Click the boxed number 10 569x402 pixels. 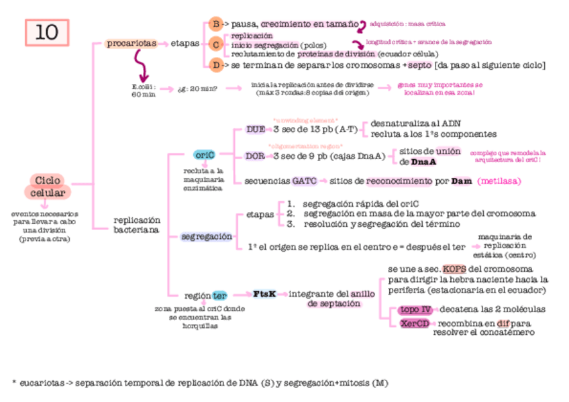click(x=47, y=32)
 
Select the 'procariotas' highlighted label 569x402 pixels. click(x=132, y=44)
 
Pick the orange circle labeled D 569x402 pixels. click(x=215, y=65)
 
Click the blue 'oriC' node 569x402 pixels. click(x=204, y=155)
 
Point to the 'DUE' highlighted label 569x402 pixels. click(x=255, y=129)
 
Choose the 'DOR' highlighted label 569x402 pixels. click(x=254, y=156)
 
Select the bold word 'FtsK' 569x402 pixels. click(x=264, y=294)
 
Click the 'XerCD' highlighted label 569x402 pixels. click(x=415, y=323)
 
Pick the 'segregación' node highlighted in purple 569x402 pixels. click(x=207, y=236)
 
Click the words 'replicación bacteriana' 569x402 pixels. click(x=136, y=225)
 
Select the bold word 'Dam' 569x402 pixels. click(x=462, y=181)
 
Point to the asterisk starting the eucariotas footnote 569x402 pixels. click(x=13, y=383)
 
